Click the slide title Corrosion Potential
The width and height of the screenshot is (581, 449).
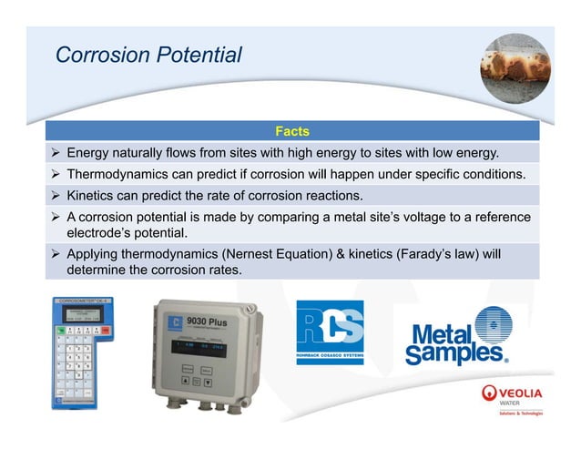click(148, 55)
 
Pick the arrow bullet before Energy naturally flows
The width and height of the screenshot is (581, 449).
click(56, 152)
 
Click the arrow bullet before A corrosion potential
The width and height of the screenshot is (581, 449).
click(56, 218)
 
